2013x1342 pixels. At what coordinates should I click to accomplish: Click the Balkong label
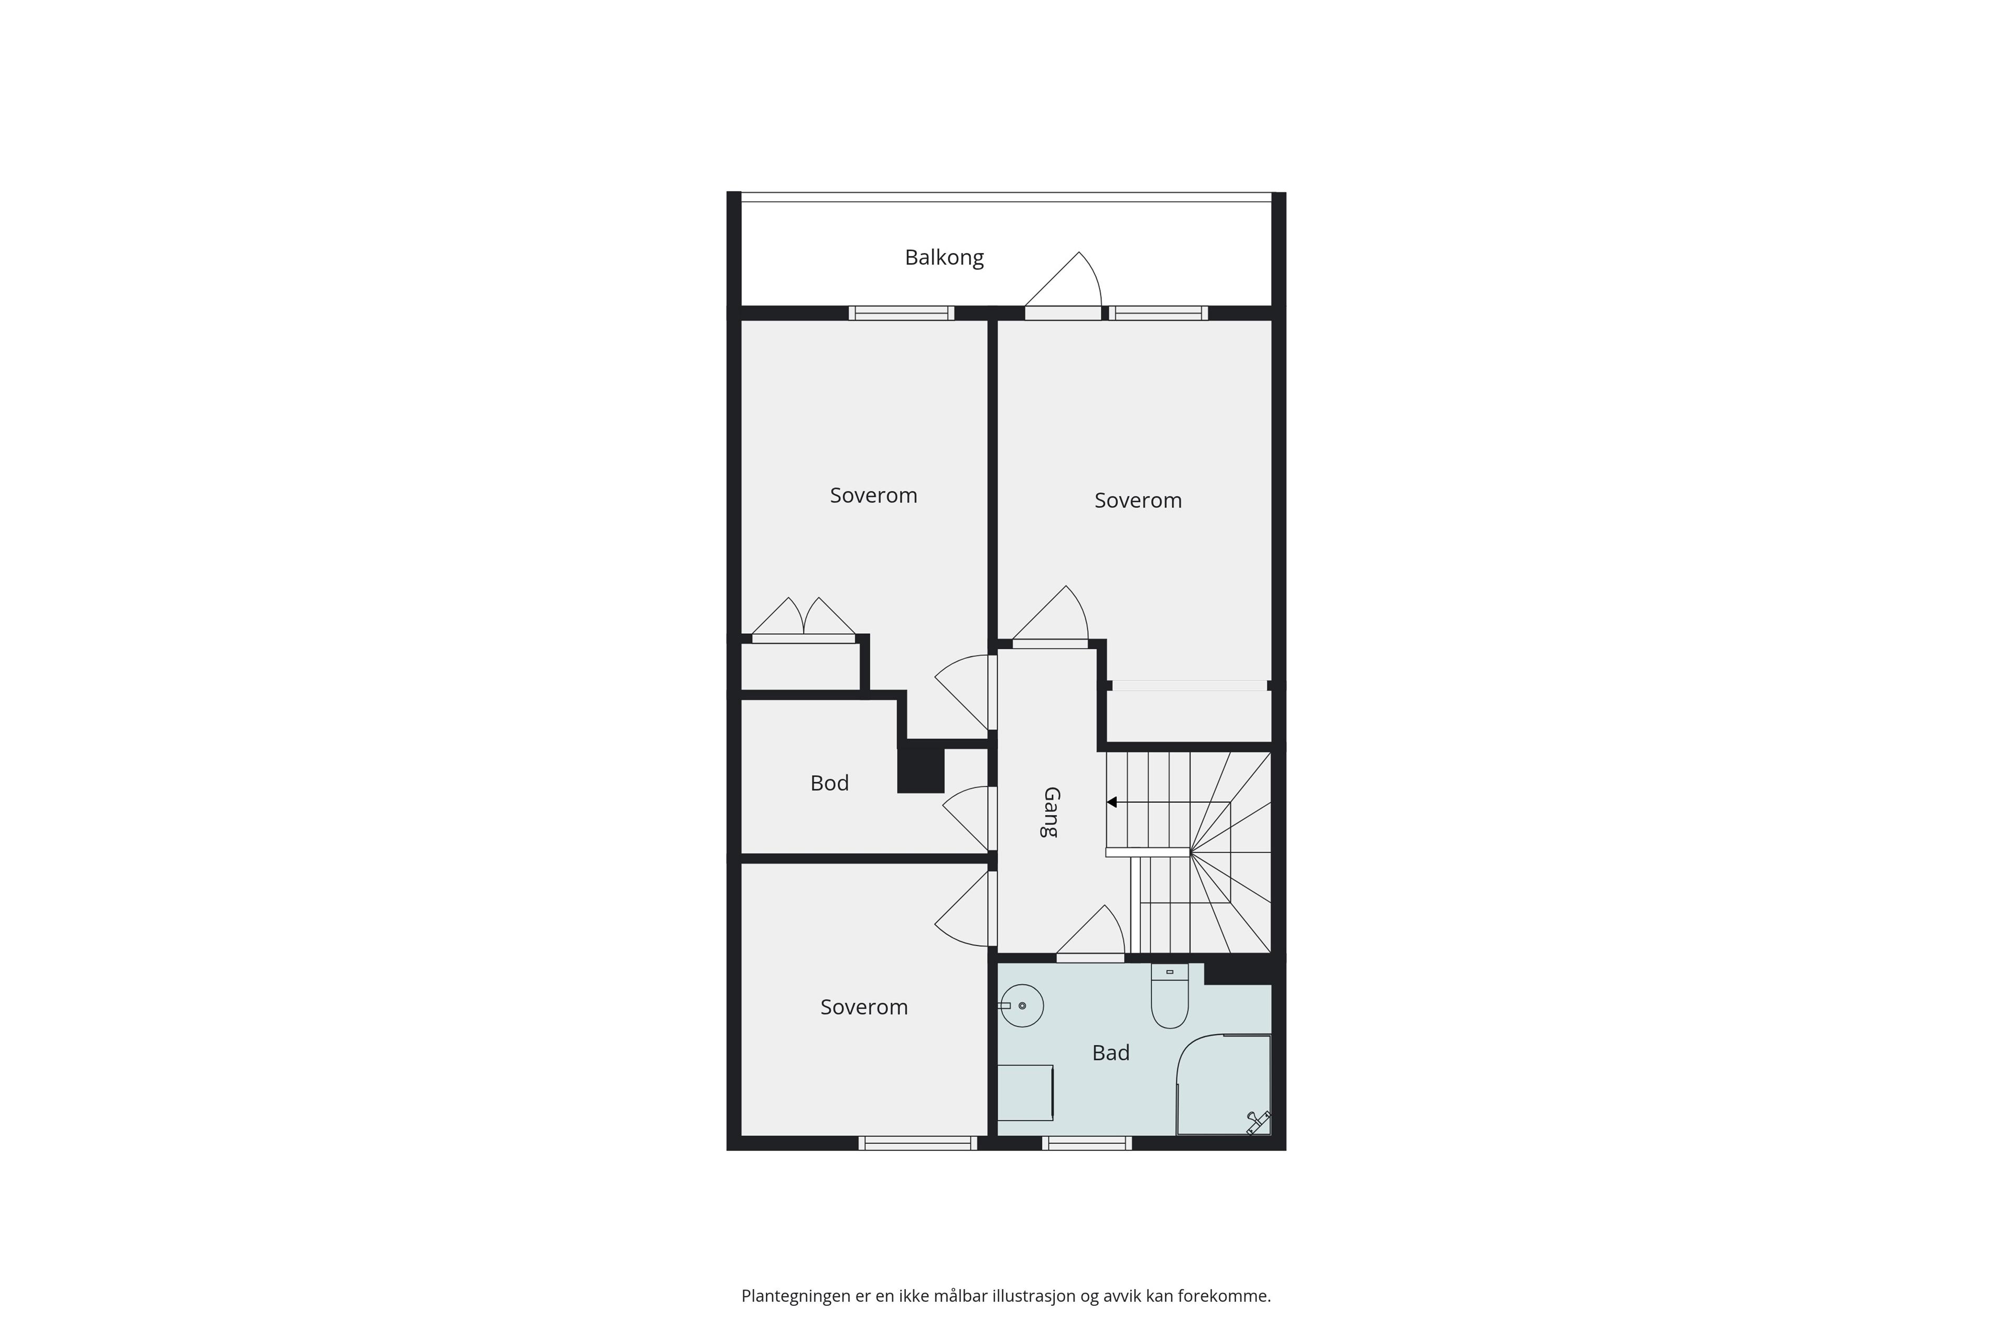(944, 257)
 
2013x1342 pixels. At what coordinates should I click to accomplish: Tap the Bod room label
(829, 783)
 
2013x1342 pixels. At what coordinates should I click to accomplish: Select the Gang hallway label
(1050, 812)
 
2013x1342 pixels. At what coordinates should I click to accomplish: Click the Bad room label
(1111, 1053)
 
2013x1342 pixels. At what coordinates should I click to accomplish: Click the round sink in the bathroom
(1021, 1005)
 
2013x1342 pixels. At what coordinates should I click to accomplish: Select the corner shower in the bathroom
(1224, 1085)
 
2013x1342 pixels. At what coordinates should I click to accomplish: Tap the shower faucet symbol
(1258, 1121)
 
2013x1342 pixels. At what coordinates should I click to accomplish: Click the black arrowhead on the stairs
(1112, 803)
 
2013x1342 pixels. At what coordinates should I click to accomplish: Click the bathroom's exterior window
(1087, 1143)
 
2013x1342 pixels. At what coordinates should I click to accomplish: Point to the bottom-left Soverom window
(917, 1143)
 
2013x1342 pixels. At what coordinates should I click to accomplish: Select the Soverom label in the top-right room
(1138, 501)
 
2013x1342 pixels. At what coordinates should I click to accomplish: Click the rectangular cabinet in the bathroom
(1025, 1092)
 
